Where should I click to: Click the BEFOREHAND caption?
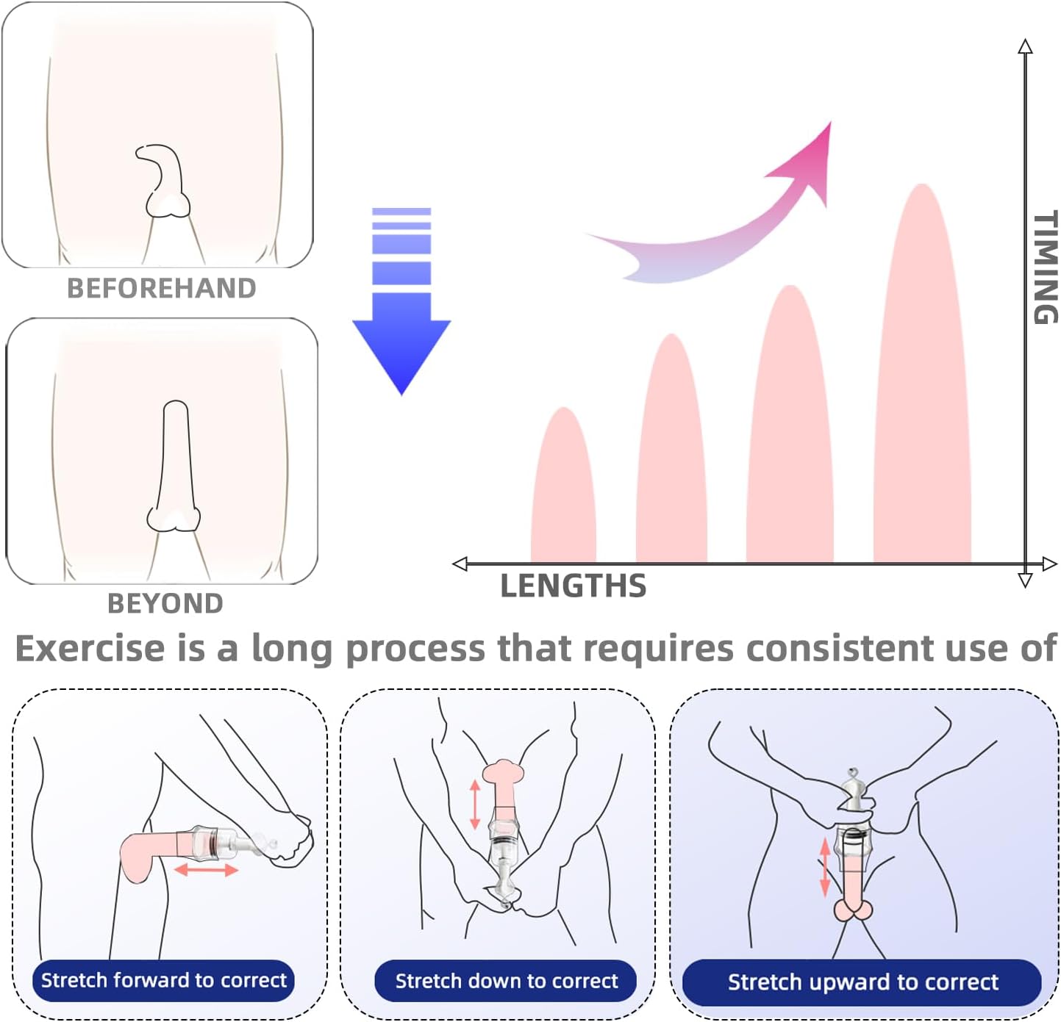(x=162, y=288)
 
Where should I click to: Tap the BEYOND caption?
(x=165, y=604)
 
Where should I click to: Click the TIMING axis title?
(x=1045, y=267)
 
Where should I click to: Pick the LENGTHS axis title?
(x=574, y=586)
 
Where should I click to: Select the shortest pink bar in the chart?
(x=563, y=492)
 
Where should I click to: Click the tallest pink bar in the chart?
(x=922, y=382)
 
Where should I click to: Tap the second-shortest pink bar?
(x=671, y=456)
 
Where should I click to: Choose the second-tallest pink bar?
(x=790, y=433)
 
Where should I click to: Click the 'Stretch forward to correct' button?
(x=163, y=980)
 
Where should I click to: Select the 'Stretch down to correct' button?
(x=506, y=981)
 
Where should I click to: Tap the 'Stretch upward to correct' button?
(x=862, y=982)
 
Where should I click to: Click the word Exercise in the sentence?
(x=90, y=649)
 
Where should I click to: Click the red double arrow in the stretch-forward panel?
(x=206, y=871)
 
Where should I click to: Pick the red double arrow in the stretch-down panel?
(x=475, y=805)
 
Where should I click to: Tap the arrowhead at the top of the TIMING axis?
(x=1025, y=46)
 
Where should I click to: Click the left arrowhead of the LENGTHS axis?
(x=461, y=564)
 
